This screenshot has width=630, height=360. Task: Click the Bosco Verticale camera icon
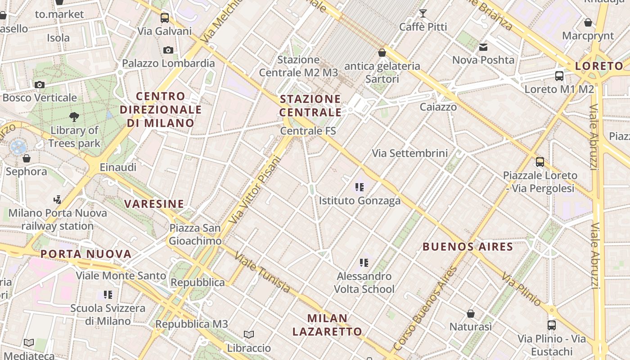[40, 85]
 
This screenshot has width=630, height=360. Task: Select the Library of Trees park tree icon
[74, 117]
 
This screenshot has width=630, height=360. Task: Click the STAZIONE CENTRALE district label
[310, 105]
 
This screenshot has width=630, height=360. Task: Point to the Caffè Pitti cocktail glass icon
[423, 13]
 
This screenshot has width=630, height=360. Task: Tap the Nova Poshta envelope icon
[483, 47]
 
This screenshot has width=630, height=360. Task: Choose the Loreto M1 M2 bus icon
[559, 76]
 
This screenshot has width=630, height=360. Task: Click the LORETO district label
[599, 66]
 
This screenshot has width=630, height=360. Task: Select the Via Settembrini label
[409, 153]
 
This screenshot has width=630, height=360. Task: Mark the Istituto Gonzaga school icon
[359, 187]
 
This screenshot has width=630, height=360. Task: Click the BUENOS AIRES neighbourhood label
[468, 247]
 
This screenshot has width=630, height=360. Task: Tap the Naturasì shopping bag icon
[471, 313]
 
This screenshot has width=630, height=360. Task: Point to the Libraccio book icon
[249, 334]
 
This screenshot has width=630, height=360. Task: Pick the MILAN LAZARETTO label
[327, 325]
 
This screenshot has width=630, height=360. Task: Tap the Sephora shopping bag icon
[27, 158]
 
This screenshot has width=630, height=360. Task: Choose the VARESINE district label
[154, 204]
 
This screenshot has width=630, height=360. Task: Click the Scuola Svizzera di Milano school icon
[108, 295]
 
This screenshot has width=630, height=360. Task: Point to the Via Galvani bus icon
[165, 18]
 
